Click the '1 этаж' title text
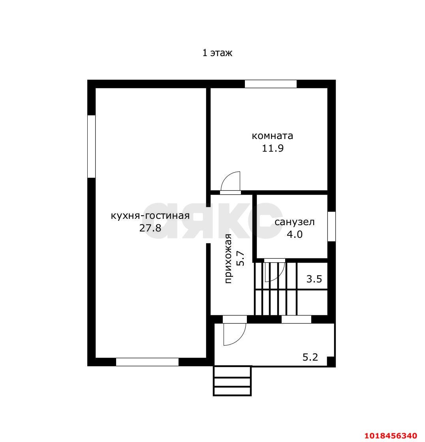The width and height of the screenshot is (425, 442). click(217, 53)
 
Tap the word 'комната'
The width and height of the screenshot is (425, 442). click(272, 136)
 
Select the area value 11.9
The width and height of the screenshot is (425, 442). click(273, 148)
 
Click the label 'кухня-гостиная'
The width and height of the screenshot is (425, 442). click(150, 216)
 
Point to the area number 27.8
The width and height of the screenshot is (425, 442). click(150, 228)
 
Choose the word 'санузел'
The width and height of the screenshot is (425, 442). click(295, 222)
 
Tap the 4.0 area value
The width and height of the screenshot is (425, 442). click(295, 234)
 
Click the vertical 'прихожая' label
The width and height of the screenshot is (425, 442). click(228, 258)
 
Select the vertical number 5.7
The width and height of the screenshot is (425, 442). click(241, 258)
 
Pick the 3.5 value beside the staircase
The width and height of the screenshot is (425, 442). click(314, 279)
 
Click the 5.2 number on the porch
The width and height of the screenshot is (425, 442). click(310, 357)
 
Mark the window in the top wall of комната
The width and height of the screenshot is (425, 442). click(271, 84)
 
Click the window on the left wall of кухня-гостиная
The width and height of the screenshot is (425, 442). click(91, 146)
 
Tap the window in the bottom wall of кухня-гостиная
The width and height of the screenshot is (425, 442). click(147, 362)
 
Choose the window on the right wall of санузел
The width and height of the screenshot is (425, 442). click(331, 226)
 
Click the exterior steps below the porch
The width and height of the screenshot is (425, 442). click(232, 381)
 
